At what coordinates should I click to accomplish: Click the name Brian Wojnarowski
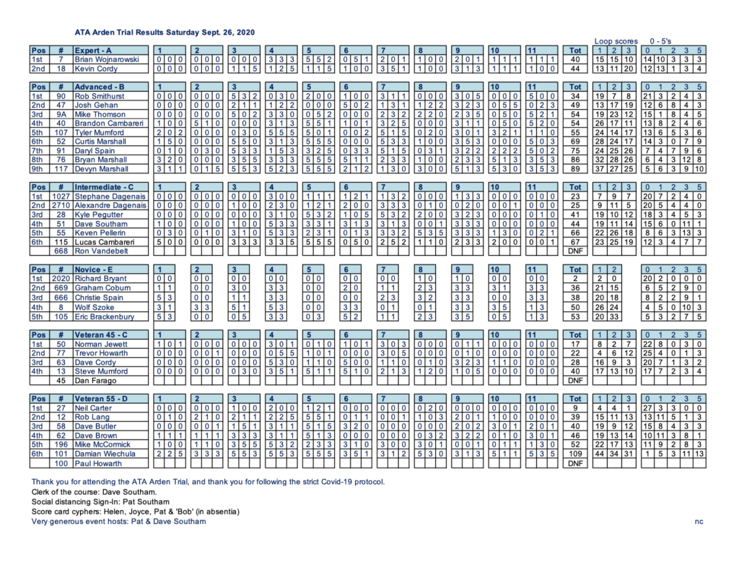pyautogui.click(x=105, y=59)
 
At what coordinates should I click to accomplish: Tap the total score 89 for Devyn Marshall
pyautogui.click(x=575, y=170)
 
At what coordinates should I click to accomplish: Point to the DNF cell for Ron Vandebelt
pyautogui.click(x=575, y=251)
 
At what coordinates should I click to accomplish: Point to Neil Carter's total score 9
pyautogui.click(x=575, y=407)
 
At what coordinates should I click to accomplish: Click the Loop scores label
pyautogui.click(x=614, y=41)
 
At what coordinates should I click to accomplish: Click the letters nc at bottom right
pyautogui.click(x=699, y=521)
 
